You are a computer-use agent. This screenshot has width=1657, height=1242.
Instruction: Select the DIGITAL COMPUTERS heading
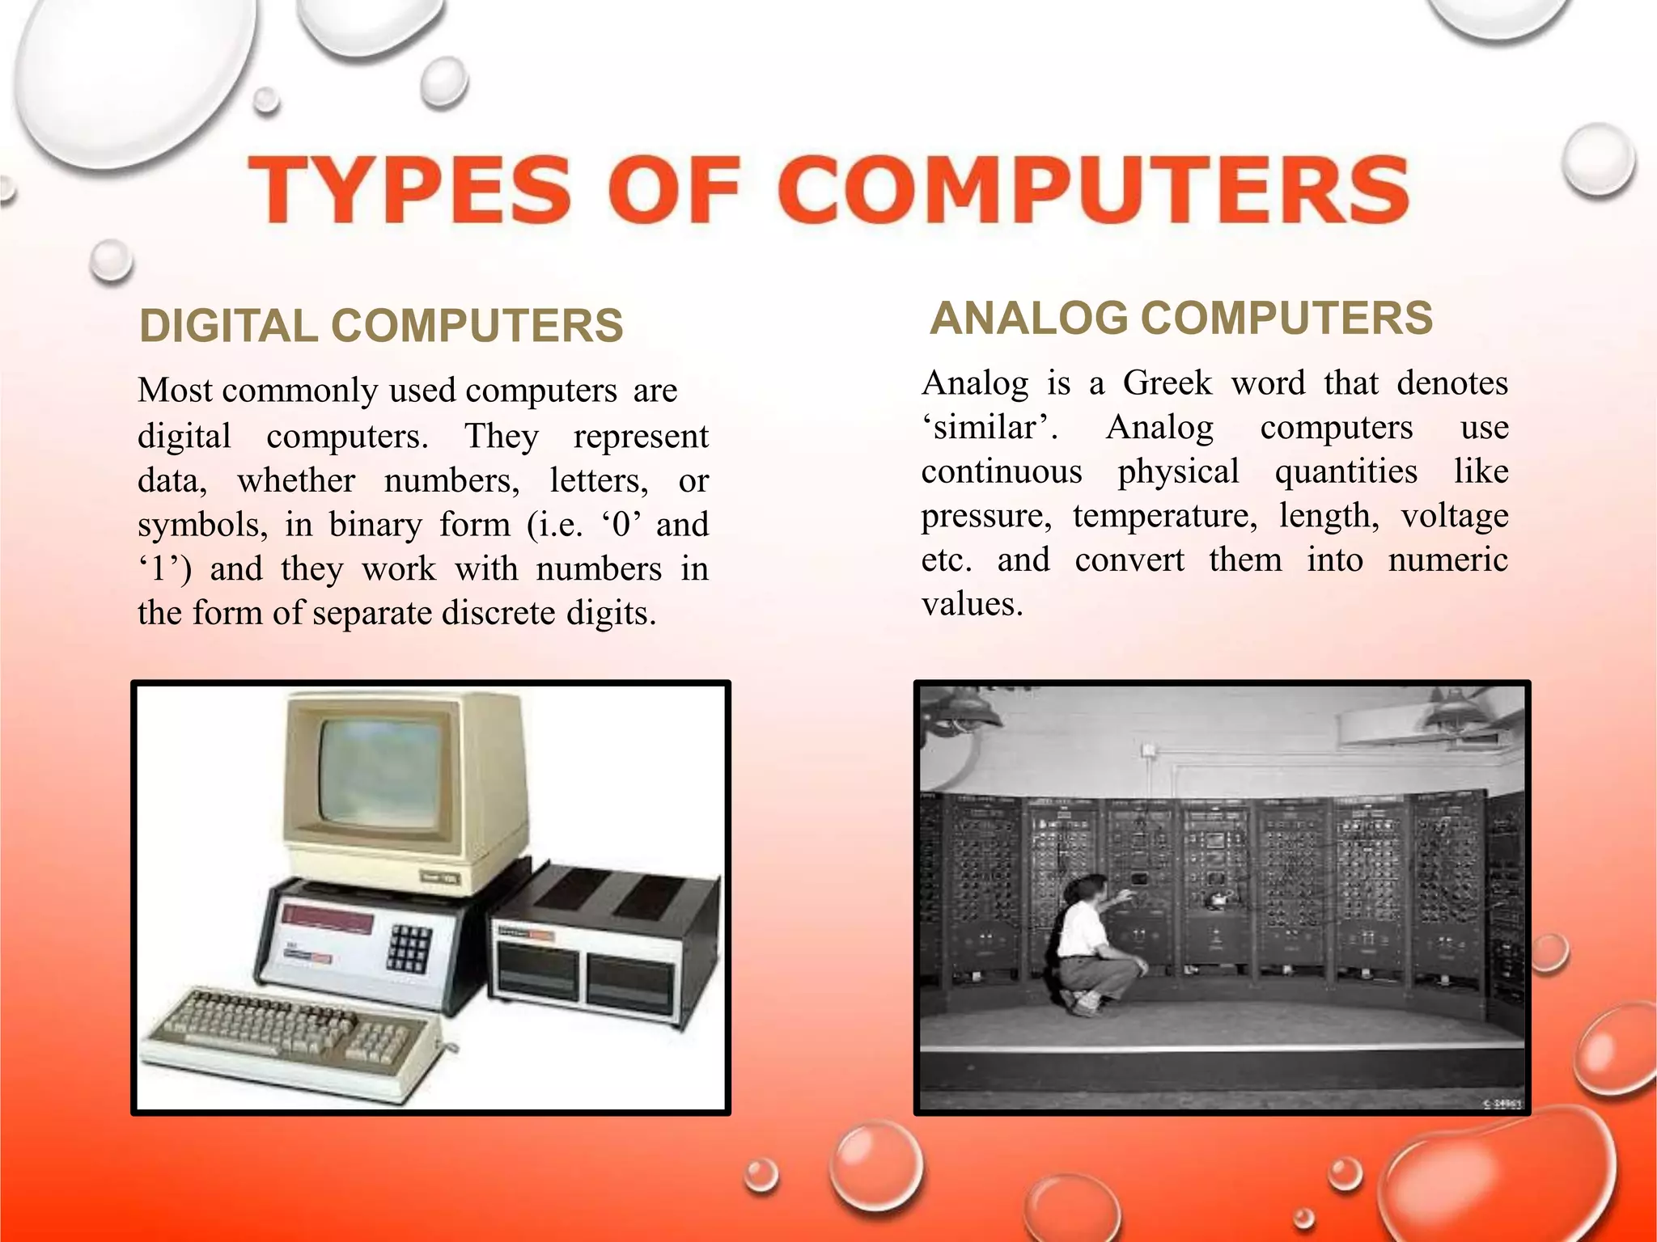[x=381, y=326]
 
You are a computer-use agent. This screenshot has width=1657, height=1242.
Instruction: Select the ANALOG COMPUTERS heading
[x=1181, y=318]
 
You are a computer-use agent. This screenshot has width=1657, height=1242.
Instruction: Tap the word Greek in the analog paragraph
[x=1168, y=382]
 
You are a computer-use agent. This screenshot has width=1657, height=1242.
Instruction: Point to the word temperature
[x=1165, y=515]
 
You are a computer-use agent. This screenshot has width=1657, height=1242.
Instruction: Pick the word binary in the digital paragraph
[x=375, y=524]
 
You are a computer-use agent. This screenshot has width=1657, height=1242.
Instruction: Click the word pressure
[x=986, y=515]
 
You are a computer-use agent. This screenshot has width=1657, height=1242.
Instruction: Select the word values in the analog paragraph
[x=972, y=604]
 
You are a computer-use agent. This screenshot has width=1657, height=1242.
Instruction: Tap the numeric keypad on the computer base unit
[x=409, y=948]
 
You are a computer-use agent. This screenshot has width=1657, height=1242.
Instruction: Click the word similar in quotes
[x=988, y=427]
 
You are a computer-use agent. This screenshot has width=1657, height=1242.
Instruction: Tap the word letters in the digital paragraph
[x=599, y=480]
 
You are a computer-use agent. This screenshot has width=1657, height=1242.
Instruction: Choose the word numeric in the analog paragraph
[x=1447, y=560]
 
